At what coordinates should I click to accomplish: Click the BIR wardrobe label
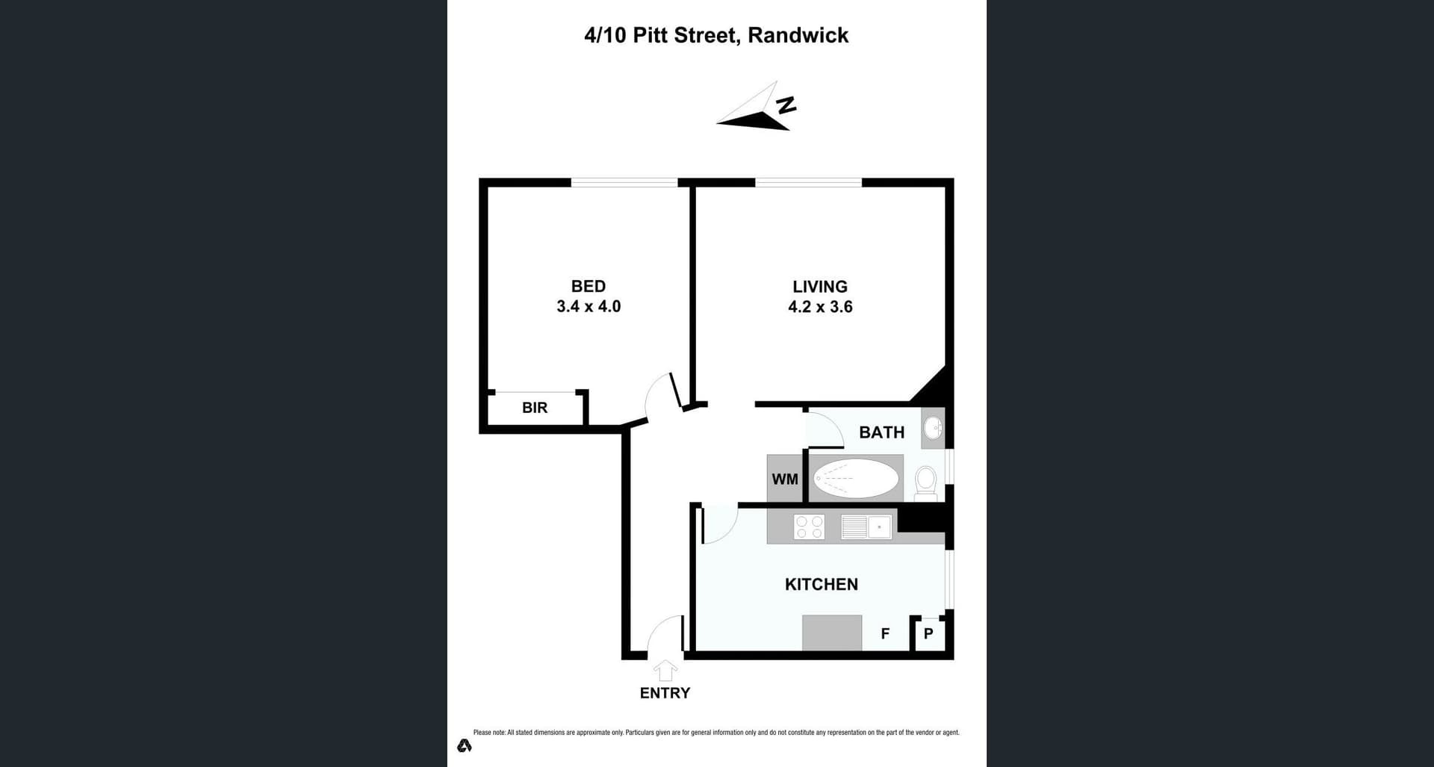tap(535, 408)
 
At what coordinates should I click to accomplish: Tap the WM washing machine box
tap(784, 479)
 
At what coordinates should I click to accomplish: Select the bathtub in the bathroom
tap(856, 479)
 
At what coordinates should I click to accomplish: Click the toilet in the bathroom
tap(925, 482)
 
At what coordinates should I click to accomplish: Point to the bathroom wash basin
tap(932, 428)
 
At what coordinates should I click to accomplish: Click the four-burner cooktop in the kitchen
tap(810, 527)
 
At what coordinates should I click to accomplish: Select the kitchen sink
tap(866, 527)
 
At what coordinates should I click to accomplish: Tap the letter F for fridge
tap(885, 634)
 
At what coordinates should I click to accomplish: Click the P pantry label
tap(928, 634)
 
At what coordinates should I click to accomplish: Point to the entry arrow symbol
tap(665, 670)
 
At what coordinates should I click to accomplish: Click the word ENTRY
tap(665, 693)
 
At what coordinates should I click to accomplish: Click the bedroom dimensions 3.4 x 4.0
tap(589, 306)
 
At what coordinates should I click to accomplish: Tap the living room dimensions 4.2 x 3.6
tap(820, 307)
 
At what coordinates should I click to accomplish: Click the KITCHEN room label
tap(821, 585)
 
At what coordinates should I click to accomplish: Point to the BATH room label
tap(881, 432)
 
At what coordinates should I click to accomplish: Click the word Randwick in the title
tap(798, 35)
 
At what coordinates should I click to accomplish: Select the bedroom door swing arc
tap(657, 396)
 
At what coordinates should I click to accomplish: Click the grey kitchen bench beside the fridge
tap(832, 633)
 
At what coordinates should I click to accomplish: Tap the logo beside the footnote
tap(465, 745)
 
